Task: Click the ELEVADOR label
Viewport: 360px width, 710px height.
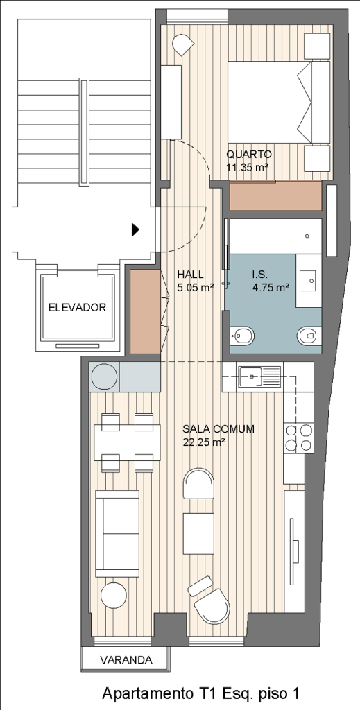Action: (77, 308)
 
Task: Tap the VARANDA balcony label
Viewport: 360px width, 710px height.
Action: (126, 660)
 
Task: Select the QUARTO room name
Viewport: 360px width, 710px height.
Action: (249, 153)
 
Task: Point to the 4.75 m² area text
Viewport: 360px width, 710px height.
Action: (271, 286)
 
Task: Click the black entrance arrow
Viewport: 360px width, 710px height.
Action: (135, 230)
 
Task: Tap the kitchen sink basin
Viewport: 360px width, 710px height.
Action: (250, 376)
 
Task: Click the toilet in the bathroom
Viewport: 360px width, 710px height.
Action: (309, 336)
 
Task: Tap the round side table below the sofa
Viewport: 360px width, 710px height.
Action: (113, 595)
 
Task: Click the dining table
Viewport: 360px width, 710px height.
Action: (128, 442)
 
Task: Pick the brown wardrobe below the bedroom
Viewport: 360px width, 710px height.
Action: (276, 196)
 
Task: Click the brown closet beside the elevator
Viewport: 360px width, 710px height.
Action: (146, 311)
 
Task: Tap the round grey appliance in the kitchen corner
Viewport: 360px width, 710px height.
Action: (105, 376)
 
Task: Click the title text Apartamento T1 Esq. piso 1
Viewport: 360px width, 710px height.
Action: (201, 693)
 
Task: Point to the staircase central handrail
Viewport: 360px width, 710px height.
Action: (83, 132)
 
